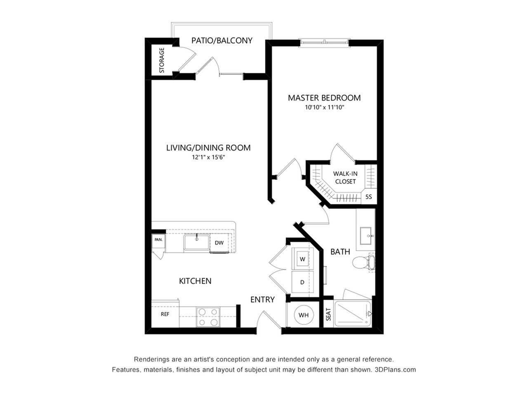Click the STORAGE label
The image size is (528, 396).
tap(162, 60)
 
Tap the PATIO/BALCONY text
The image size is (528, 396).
tap(222, 40)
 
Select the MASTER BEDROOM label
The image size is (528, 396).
tap(324, 98)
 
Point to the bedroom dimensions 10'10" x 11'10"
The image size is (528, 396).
tap(324, 108)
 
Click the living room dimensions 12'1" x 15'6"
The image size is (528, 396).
tap(208, 158)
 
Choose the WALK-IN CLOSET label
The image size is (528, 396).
tap(345, 177)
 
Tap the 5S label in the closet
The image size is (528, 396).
tap(368, 197)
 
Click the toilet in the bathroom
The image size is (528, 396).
tap(363, 262)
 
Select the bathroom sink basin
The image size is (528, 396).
tap(367, 236)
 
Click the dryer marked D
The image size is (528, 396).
tap(302, 282)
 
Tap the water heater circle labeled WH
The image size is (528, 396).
tap(304, 315)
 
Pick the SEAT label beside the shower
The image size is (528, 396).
tap(328, 314)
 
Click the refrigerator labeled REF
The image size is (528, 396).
tap(165, 314)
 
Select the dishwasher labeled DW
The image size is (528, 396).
tap(219, 243)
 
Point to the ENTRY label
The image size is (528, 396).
tap(262, 299)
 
